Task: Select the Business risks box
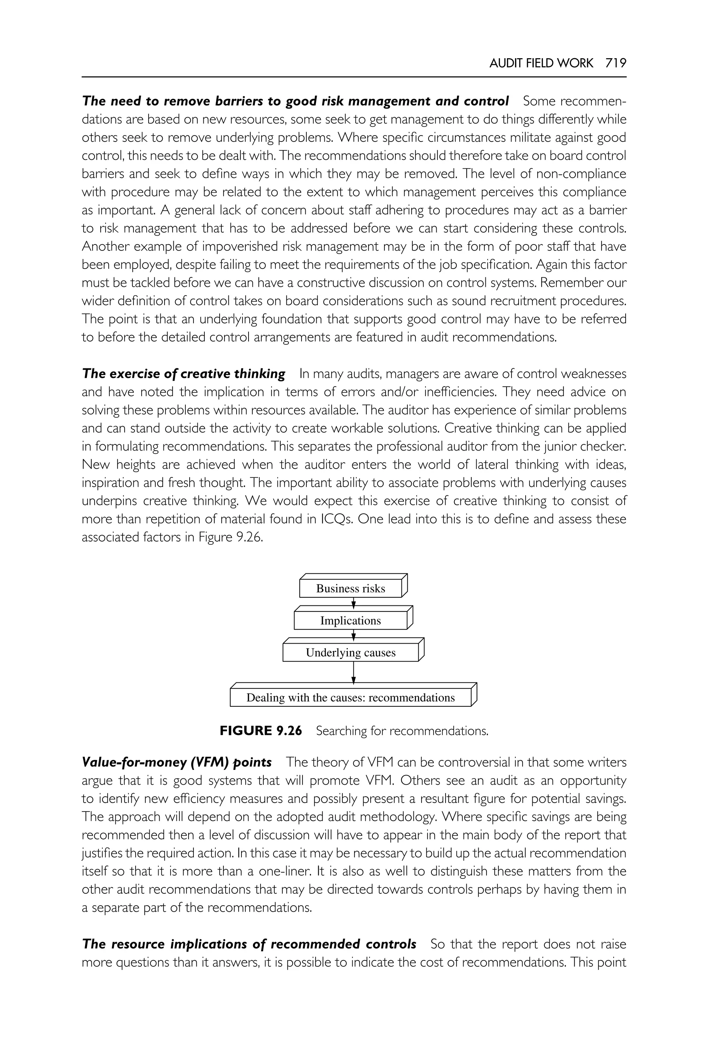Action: tap(351, 589)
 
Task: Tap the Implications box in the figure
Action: tap(351, 621)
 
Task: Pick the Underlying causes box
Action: tap(351, 653)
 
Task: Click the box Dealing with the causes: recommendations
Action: tap(351, 698)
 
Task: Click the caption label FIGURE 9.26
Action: tap(261, 731)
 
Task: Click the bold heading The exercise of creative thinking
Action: tap(184, 374)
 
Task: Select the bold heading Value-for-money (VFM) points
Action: tap(177, 762)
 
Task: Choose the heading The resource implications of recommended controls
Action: tap(249, 944)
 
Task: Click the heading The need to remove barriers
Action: tap(295, 101)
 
